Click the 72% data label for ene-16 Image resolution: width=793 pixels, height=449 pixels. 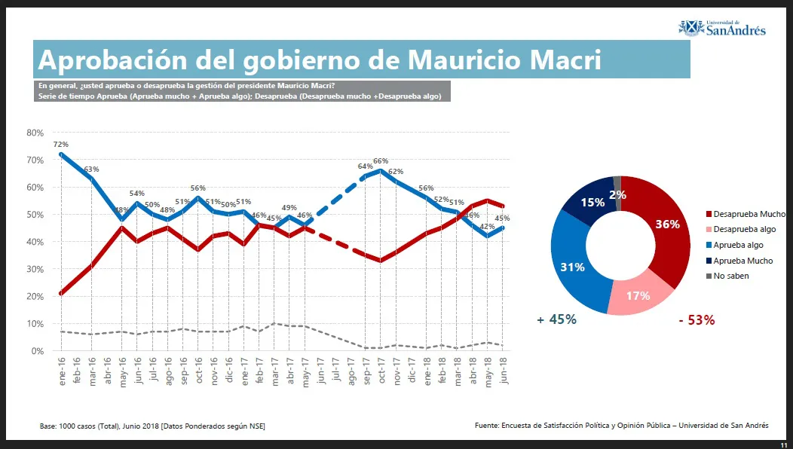[61, 144]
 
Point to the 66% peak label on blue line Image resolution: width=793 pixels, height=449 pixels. [381, 161]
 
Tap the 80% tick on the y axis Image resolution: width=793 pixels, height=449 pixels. [35, 133]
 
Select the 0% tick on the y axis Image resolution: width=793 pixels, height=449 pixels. [37, 351]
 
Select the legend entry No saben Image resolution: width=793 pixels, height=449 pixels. [730, 276]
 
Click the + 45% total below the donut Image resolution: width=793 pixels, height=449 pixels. [556, 319]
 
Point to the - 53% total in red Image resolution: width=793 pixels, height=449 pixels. [697, 320]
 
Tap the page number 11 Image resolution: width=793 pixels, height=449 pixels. [783, 444]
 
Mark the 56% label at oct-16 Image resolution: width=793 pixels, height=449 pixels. [198, 188]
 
